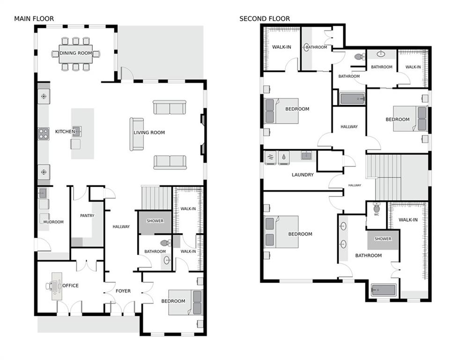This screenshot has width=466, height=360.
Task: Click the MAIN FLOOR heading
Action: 34,19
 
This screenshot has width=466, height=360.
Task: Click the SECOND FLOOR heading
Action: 265,19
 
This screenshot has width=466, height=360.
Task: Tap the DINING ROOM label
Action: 75,53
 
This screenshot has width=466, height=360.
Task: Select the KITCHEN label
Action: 65,132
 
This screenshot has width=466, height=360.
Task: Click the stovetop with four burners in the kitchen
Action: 44,134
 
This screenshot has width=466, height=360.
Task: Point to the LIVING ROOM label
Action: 149,133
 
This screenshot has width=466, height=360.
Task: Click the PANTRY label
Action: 87,216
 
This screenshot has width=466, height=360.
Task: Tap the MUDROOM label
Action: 53,222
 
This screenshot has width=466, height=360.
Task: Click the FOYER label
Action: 123,291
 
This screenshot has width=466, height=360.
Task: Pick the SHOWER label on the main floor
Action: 155,221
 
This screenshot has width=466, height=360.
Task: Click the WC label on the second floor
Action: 376,215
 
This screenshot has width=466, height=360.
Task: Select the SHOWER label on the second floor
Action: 383,239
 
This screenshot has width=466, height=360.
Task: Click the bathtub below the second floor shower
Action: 383,290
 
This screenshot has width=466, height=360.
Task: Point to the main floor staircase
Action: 156,198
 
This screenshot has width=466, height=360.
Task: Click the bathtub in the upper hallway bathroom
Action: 352,98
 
